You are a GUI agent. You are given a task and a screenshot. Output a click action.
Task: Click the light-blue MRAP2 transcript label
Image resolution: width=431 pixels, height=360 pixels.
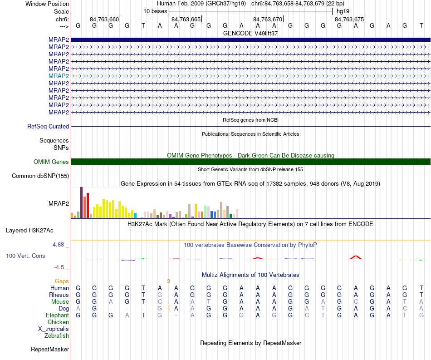pos(59,76)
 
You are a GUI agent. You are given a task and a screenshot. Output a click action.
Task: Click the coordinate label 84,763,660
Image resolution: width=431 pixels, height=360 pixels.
pos(104,19)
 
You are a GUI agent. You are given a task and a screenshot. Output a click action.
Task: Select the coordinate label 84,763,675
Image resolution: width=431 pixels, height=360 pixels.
pos(349,19)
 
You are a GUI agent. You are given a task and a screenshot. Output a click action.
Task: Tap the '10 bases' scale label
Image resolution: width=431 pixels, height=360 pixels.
pos(155,11)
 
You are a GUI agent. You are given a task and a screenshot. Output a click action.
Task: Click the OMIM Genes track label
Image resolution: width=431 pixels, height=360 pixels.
pos(51,162)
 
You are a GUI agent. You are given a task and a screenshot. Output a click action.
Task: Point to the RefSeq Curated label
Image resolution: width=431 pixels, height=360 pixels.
pos(48,126)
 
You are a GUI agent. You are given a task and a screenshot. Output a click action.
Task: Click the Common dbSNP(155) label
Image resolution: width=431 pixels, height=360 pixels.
pos(40,176)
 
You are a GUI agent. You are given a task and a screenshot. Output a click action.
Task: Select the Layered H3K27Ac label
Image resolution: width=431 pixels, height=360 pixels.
pos(29,230)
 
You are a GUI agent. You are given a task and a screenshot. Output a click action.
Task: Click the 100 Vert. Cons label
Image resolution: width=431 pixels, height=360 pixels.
pos(25,256)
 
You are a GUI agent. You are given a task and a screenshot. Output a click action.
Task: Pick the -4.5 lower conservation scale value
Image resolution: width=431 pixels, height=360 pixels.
pos(59,267)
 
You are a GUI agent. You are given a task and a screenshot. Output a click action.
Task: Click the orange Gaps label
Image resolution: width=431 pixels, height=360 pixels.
pos(62,281)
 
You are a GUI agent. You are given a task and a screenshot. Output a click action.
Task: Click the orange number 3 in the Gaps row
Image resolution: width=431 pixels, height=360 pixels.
pos(168,281)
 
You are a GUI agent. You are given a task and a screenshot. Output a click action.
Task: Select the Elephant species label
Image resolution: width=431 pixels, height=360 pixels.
pos(58,315)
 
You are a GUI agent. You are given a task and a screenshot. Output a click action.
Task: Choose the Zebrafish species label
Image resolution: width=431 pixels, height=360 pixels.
pos(57,335)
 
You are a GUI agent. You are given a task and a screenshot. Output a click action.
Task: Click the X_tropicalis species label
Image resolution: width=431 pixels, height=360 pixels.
pos(54,329)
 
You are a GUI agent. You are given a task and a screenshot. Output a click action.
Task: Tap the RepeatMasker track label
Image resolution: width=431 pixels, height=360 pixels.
pos(50,349)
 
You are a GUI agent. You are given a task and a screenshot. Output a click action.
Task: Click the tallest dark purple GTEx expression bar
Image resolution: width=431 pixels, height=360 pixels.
pos(81,202)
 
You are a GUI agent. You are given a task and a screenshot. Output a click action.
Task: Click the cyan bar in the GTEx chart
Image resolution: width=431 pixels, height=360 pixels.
pos(135,215)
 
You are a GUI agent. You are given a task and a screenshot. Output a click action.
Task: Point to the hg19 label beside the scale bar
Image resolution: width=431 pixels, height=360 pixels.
pos(343,11)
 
